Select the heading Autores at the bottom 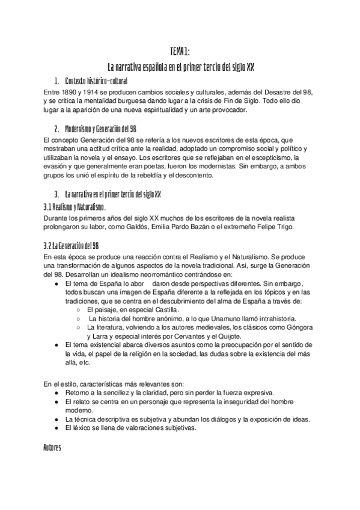[53, 448]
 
